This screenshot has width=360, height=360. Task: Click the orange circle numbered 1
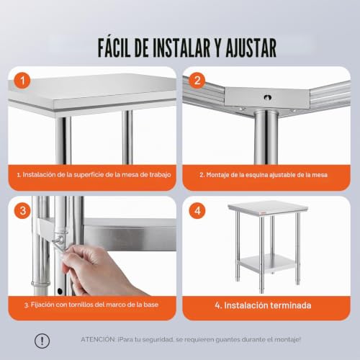22,81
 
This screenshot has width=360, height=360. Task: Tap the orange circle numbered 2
197,81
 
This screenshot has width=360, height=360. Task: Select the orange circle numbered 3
22,211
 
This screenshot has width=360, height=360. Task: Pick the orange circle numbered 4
197,211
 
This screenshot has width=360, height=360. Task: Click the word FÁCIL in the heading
114,48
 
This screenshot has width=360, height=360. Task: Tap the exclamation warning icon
42,341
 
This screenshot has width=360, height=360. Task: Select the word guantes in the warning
228,340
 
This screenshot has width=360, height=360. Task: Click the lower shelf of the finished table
269,264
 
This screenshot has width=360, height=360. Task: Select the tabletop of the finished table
268,207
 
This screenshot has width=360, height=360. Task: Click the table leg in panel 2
266,138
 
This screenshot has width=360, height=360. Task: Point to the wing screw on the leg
59,240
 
